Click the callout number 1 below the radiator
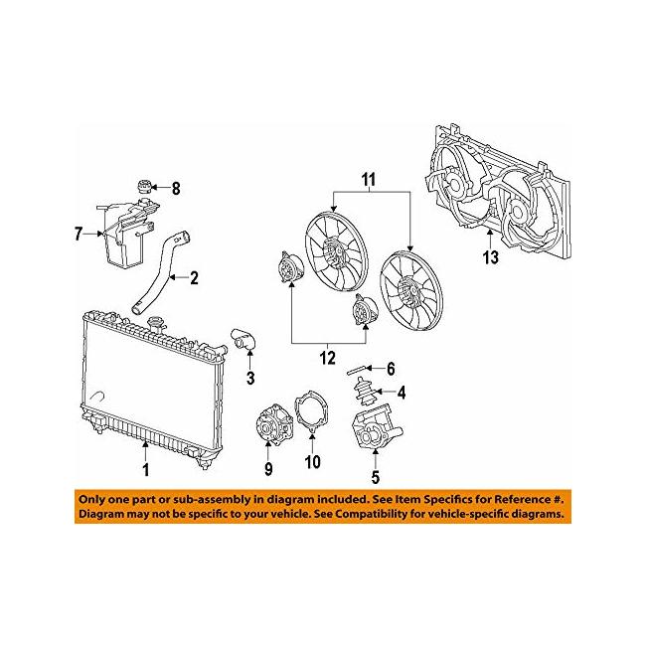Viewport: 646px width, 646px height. [145, 470]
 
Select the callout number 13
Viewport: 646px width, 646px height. [491, 257]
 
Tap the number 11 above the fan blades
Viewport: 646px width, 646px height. [369, 180]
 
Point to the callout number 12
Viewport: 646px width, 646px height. [328, 358]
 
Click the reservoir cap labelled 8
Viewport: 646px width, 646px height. [144, 187]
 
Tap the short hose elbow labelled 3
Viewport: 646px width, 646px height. [243, 340]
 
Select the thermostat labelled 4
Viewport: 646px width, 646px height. [364, 392]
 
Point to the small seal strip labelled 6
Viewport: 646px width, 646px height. [358, 370]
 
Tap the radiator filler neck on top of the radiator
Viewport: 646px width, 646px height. [157, 323]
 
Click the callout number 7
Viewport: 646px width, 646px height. [79, 234]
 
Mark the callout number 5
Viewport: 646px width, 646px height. [375, 477]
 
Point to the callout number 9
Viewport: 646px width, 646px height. [268, 468]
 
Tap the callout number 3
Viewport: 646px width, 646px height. [250, 377]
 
